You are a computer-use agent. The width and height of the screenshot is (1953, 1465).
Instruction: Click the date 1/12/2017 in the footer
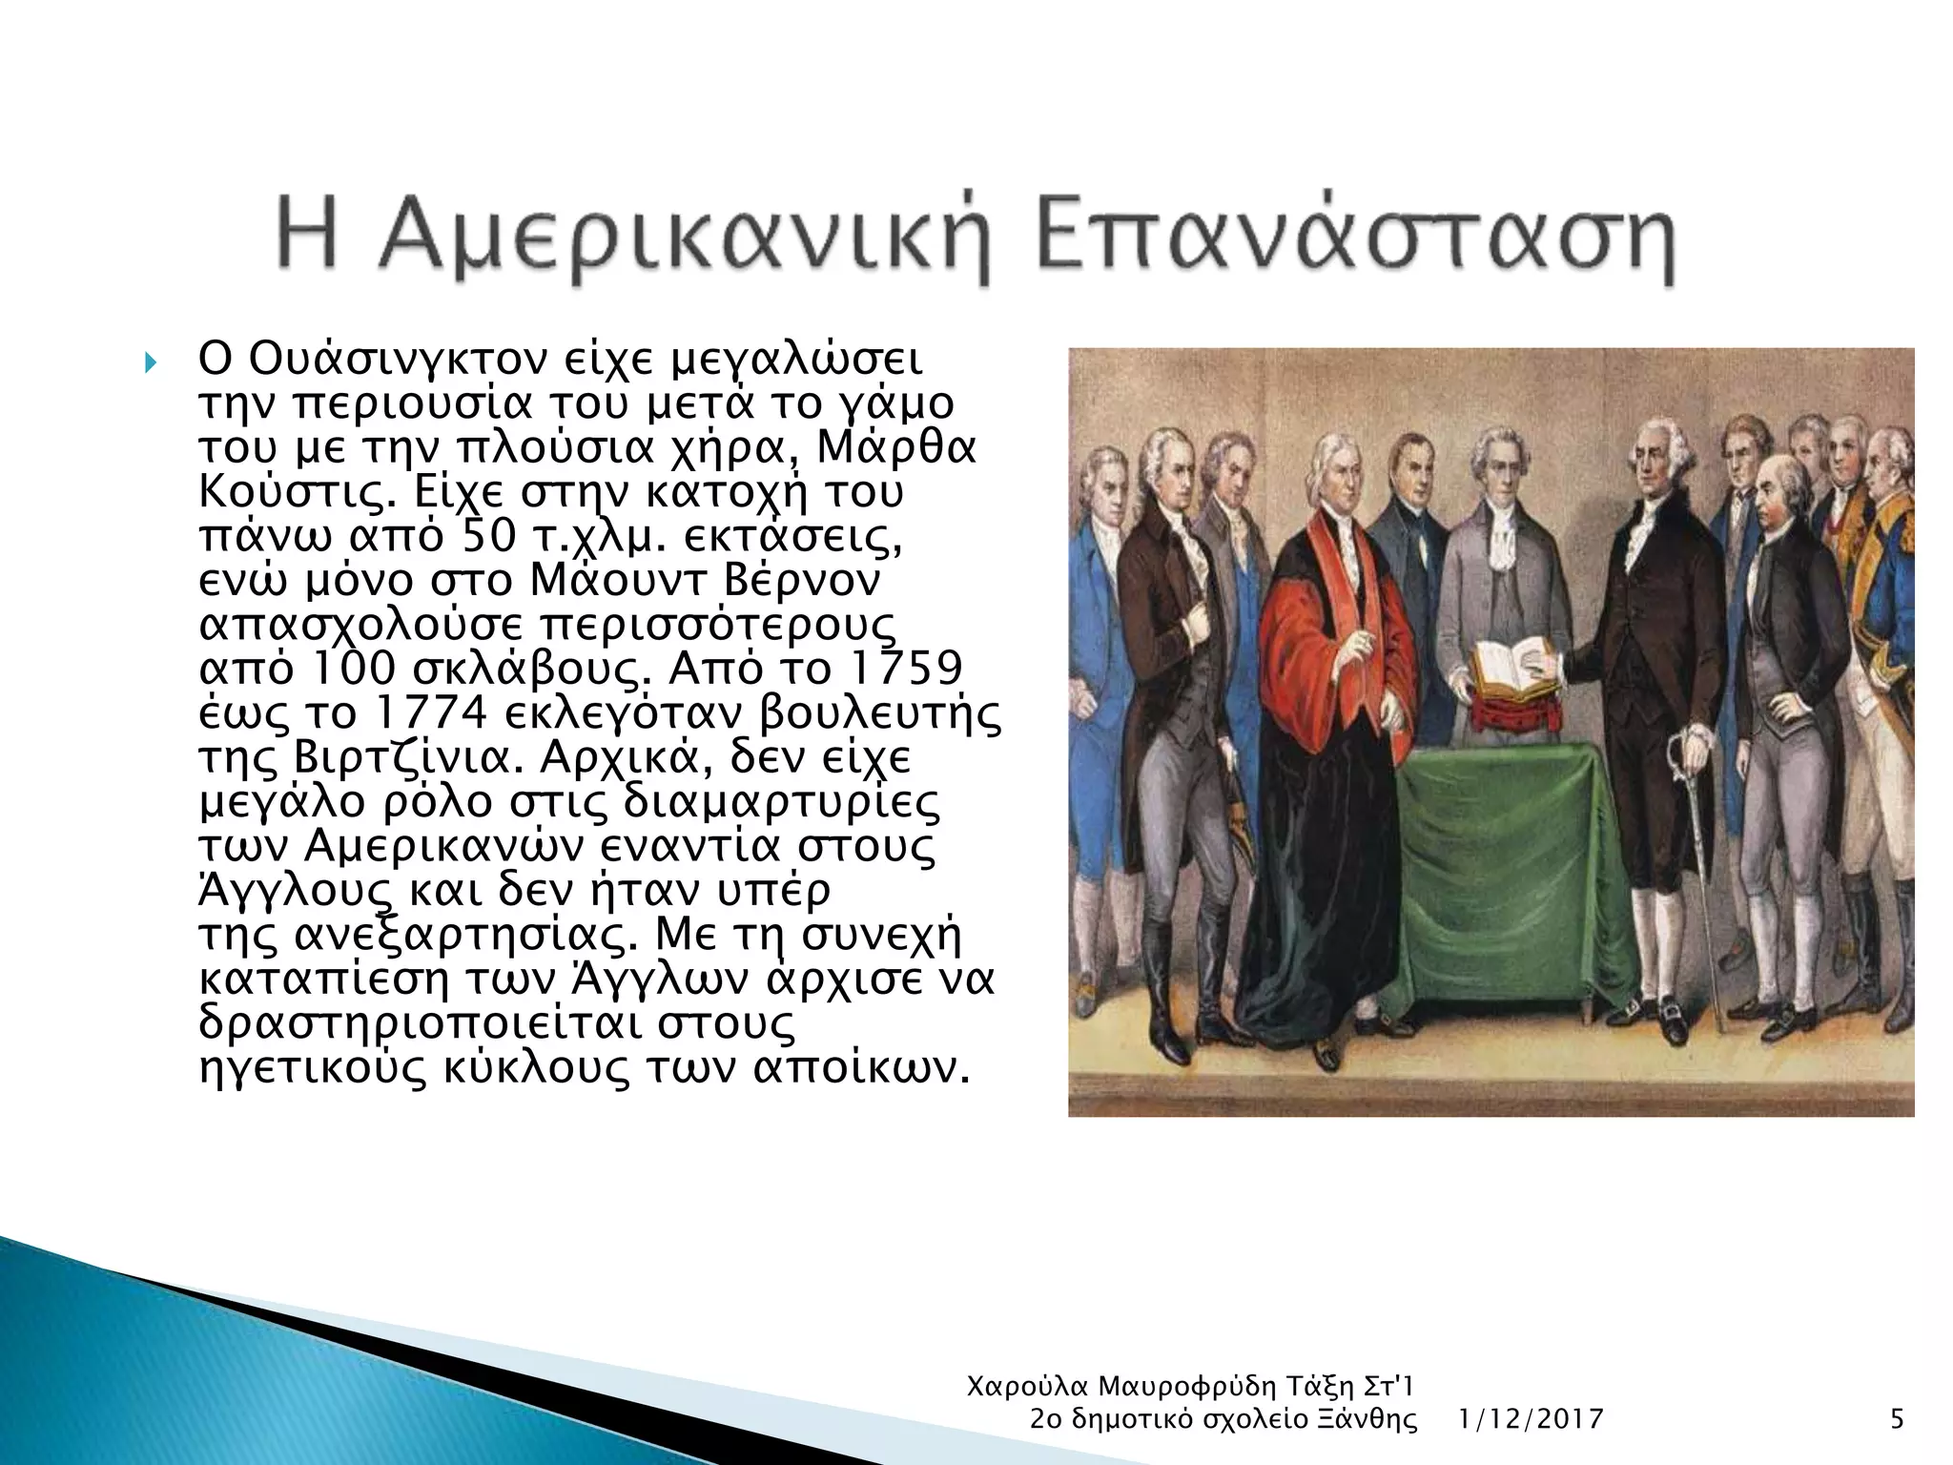click(x=1531, y=1420)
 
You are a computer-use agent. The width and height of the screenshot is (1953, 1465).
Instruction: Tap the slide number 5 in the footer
click(x=1897, y=1420)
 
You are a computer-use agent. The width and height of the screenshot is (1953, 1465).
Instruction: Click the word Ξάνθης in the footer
click(x=1369, y=1420)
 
